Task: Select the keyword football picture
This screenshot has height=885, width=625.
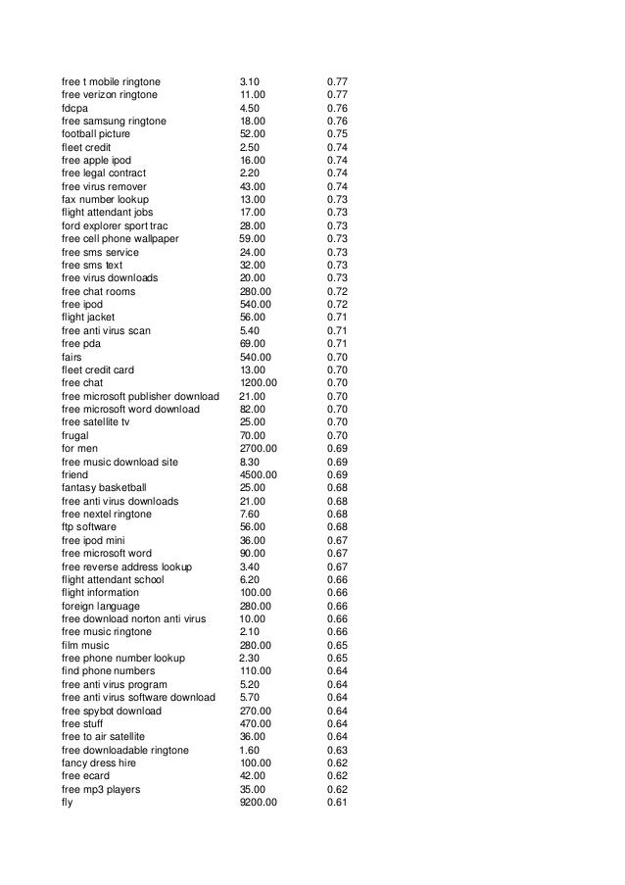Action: click(x=95, y=133)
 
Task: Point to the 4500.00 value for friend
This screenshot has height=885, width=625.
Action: click(x=260, y=474)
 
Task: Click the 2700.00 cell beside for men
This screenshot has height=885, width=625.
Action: click(x=260, y=448)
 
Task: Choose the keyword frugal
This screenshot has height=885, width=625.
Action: click(x=75, y=435)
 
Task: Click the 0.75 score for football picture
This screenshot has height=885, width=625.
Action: click(x=337, y=133)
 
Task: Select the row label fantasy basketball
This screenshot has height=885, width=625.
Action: click(x=104, y=487)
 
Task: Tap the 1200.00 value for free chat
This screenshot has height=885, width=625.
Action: click(x=260, y=382)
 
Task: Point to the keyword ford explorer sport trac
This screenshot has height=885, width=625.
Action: click(x=115, y=225)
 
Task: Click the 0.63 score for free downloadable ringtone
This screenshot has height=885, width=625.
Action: click(x=337, y=750)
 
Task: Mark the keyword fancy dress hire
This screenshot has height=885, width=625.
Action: click(x=99, y=762)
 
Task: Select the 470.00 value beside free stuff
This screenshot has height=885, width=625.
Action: click(x=257, y=723)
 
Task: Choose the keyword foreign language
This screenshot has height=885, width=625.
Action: click(x=100, y=606)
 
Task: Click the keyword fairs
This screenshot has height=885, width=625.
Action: click(x=72, y=357)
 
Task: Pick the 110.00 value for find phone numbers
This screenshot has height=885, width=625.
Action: click(x=257, y=671)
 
